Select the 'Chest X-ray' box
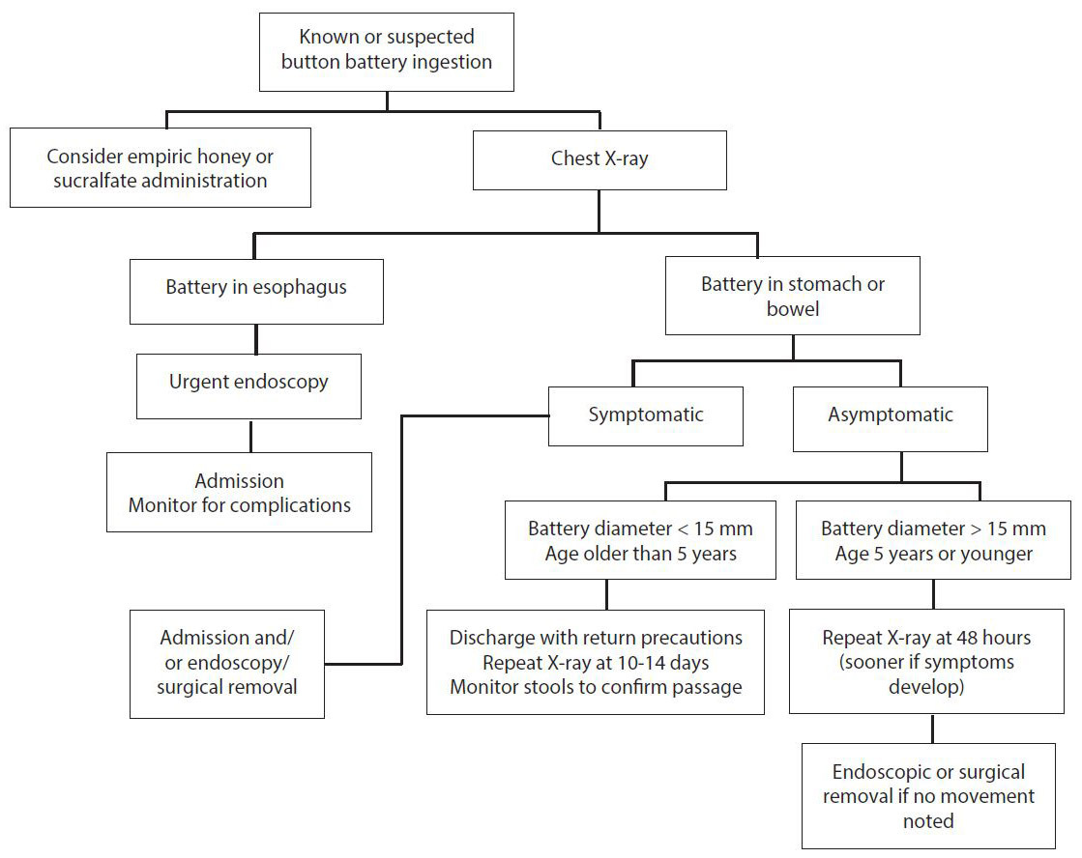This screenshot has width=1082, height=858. pyautogui.click(x=599, y=158)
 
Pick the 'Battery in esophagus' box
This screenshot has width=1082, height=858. pyautogui.click(x=256, y=288)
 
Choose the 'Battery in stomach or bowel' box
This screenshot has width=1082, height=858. pyautogui.click(x=793, y=296)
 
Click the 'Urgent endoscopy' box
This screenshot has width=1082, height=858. pyautogui.click(x=249, y=382)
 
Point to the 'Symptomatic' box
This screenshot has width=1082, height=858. pyautogui.click(x=646, y=415)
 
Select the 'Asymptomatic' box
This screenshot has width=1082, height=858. pyautogui.click(x=891, y=415)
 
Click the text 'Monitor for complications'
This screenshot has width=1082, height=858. pyautogui.click(x=239, y=504)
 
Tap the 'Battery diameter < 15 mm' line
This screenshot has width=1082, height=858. pyautogui.click(x=640, y=529)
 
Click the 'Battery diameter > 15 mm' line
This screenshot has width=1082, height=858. pyautogui.click(x=933, y=529)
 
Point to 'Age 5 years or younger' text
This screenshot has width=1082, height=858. pyautogui.click(x=933, y=554)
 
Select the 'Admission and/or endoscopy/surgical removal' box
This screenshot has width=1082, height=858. pyautogui.click(x=228, y=663)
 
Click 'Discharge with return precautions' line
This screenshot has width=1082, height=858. pyautogui.click(x=596, y=638)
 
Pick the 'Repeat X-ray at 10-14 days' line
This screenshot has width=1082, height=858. pyautogui.click(x=596, y=662)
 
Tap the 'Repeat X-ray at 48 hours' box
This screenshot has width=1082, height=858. pyautogui.click(x=926, y=662)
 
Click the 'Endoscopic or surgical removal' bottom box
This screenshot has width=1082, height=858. pyautogui.click(x=928, y=796)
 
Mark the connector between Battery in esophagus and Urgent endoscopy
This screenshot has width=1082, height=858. pyautogui.click(x=255, y=339)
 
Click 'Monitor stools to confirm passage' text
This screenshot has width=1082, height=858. pyautogui.click(x=596, y=687)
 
